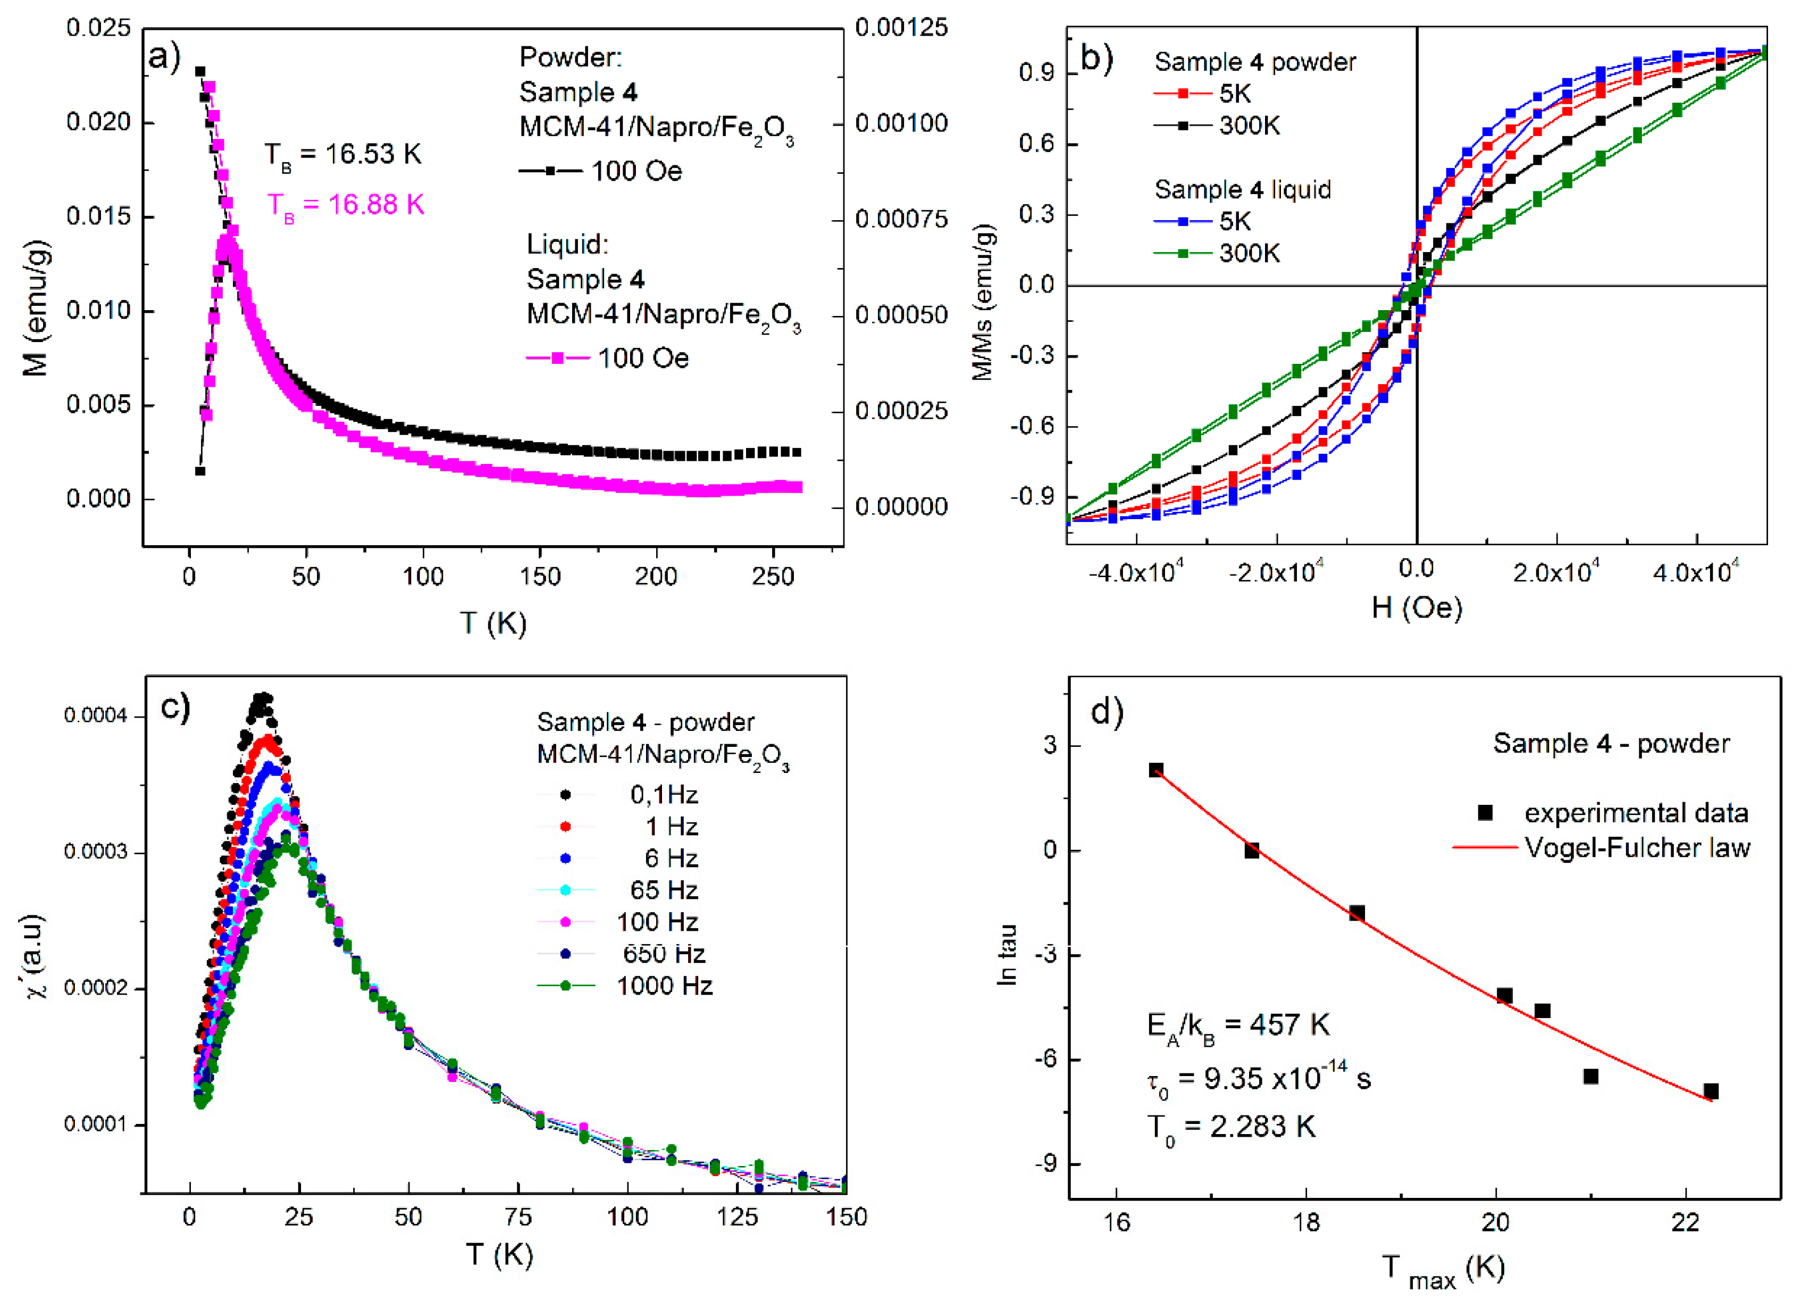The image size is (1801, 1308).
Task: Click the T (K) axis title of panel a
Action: tap(493, 623)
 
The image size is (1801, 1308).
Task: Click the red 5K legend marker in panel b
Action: tap(1183, 94)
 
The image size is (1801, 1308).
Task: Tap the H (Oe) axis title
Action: tap(1417, 607)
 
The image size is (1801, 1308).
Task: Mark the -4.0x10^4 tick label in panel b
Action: tap(1136, 572)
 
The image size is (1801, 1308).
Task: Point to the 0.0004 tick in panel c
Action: tap(95, 717)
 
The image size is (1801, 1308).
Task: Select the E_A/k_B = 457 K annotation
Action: tap(1237, 1025)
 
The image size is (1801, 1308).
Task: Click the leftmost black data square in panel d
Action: tap(1156, 770)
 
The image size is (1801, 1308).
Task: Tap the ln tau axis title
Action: tap(1007, 955)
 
